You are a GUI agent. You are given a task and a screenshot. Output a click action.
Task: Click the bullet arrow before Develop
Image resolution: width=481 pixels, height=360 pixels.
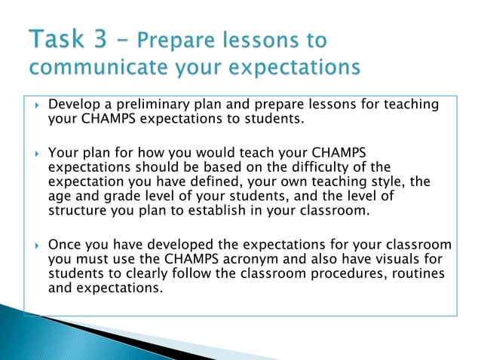coord(37,105)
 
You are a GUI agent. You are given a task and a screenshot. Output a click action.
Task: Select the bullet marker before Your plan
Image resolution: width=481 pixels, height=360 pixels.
coord(37,153)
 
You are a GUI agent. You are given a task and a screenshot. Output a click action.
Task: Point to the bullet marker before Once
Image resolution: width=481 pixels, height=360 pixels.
coord(37,246)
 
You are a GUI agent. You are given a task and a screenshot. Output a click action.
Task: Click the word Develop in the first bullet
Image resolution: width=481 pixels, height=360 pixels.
coord(73,105)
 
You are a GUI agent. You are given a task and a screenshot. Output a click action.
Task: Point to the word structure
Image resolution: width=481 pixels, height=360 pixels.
coord(78,210)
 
